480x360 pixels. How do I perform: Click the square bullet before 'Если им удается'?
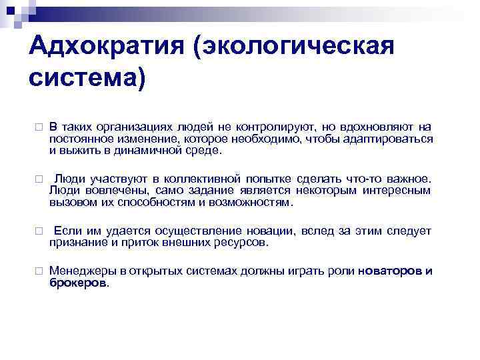pyautogui.click(x=39, y=231)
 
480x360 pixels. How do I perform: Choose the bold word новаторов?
pyautogui.click(x=389, y=271)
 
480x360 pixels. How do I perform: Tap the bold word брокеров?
pyautogui.click(x=77, y=283)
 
